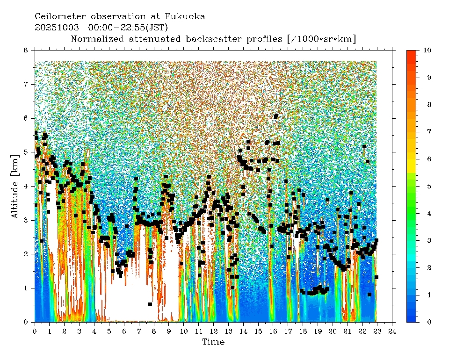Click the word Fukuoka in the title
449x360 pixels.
(x=186, y=16)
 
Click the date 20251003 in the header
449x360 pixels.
(x=57, y=28)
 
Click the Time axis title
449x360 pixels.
(x=213, y=342)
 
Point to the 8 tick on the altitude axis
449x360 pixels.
(x=26, y=50)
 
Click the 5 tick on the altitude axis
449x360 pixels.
(x=26, y=152)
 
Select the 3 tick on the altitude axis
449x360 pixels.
(x=26, y=220)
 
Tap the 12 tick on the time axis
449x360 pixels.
(x=213, y=331)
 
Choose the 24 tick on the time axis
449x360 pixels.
(x=392, y=331)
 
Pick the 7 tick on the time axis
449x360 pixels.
(x=139, y=331)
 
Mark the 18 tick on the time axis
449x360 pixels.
(x=303, y=331)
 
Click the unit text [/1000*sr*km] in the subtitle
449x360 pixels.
(x=322, y=39)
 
